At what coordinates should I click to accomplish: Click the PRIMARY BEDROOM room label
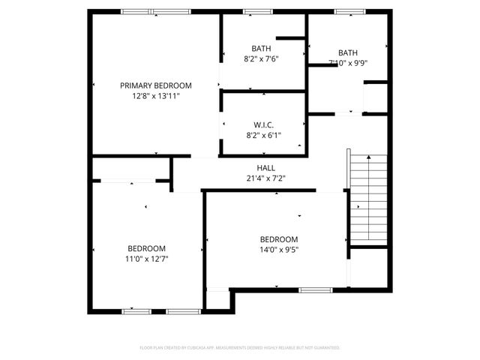coord(156,85)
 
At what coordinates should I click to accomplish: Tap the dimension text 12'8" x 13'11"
coord(156,96)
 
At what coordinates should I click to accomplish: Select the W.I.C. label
coord(262,125)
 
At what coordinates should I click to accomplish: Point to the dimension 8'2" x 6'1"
coord(262,136)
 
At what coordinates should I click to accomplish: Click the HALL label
coord(266,168)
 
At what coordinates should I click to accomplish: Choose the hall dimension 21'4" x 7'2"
coord(266,178)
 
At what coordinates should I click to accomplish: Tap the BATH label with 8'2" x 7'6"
coord(262,48)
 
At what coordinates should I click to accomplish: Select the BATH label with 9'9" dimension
coord(348,52)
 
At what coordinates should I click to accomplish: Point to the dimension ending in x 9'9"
coord(348,63)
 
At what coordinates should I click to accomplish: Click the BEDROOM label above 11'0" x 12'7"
coord(146,248)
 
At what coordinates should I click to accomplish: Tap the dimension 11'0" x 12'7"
coord(146,259)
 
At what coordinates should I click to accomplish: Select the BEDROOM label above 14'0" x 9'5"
coord(279,239)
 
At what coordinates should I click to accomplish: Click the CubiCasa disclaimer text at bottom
coord(240,348)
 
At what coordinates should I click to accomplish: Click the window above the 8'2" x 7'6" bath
coord(258,11)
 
